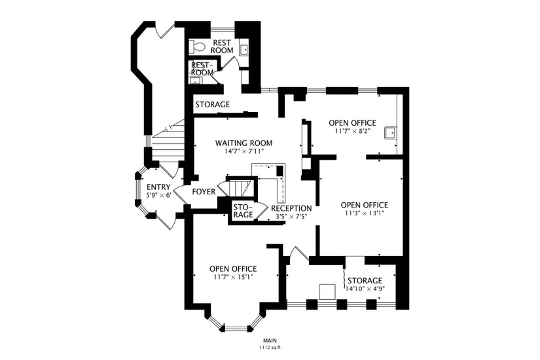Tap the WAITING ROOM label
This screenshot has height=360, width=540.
point(244,143)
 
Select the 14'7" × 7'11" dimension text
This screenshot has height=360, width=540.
point(244,151)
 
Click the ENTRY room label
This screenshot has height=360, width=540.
point(158,187)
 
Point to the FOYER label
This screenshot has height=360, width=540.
point(204,192)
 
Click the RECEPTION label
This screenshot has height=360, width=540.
point(291,208)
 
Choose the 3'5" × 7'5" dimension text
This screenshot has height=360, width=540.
point(291,217)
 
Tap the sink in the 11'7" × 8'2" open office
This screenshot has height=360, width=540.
point(391,133)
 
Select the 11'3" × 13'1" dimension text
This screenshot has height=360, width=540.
point(365,213)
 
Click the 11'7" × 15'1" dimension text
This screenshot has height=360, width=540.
point(233,277)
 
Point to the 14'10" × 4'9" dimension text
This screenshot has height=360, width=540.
point(365,289)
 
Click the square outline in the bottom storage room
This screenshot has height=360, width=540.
point(327,292)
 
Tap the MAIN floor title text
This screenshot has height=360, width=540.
point(270,341)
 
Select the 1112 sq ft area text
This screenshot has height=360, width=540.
point(270,348)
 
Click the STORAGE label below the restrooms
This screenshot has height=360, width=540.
point(213,104)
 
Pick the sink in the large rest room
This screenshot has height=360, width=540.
point(244,49)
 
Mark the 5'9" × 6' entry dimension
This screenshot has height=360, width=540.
point(158,195)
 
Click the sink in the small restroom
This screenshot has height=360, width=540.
point(195,81)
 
